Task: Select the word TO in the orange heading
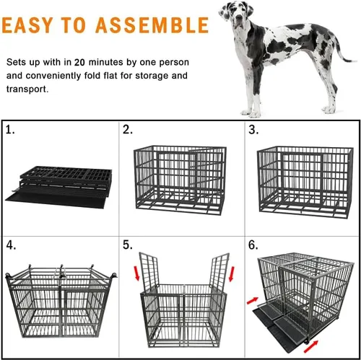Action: click(x=78, y=27)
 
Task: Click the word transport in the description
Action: click(x=28, y=89)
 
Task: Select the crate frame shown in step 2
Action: click(x=179, y=177)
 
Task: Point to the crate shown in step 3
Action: click(x=302, y=177)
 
